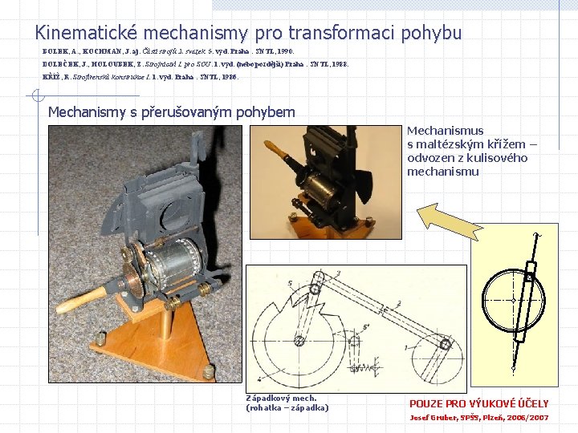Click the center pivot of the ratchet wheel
[x=299, y=342]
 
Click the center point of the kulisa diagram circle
[x=513, y=300]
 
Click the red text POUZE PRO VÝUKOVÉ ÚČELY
[x=478, y=404]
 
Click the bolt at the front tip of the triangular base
[x=210, y=370]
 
